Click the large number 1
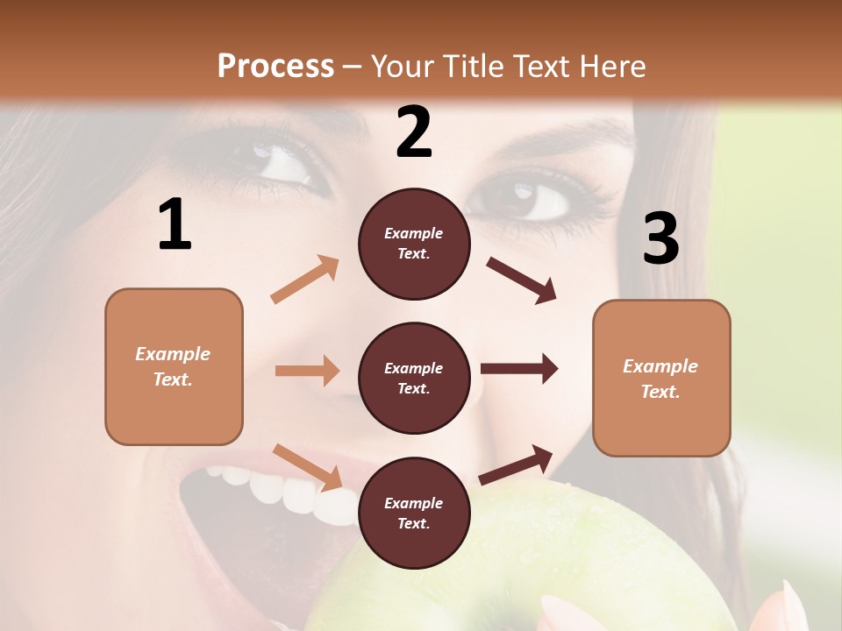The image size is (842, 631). pos(175,225)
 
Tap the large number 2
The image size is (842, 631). pos(414,133)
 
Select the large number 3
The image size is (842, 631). pos(660,239)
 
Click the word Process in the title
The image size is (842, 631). pos(275,66)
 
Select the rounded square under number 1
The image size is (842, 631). pos(174,366)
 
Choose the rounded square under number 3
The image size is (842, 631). pos(661,378)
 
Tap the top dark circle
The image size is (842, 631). pos(414,244)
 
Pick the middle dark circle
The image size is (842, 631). pos(414,378)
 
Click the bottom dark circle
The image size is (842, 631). pos(414,513)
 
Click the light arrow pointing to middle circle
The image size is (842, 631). pos(307,371)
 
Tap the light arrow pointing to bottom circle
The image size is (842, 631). pos(308,466)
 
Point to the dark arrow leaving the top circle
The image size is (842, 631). pos(522,280)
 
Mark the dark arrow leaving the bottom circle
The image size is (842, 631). pos(517,464)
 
